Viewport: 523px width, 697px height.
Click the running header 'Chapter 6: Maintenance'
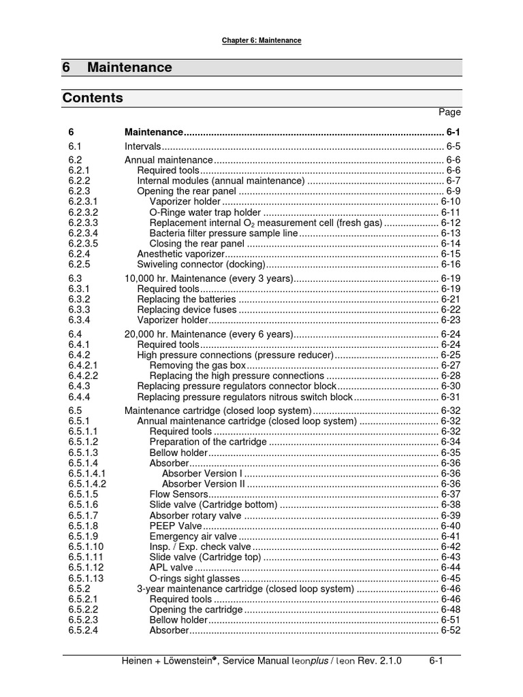click(x=261, y=41)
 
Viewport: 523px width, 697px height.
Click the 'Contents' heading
click(x=93, y=98)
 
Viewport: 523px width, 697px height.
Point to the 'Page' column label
click(x=449, y=112)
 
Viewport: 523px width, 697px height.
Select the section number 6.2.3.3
click(x=83, y=223)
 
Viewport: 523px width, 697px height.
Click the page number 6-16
click(x=450, y=264)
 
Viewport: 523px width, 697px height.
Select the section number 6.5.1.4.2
click(x=87, y=483)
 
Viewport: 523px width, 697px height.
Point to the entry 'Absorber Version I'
click(x=202, y=473)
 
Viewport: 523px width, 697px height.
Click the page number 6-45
click(x=450, y=579)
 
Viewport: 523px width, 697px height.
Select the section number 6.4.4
click(x=79, y=397)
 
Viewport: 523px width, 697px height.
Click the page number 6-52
click(x=450, y=630)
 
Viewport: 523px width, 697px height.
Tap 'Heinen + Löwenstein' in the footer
click(x=163, y=661)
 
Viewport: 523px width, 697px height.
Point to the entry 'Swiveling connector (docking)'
click(x=200, y=264)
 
